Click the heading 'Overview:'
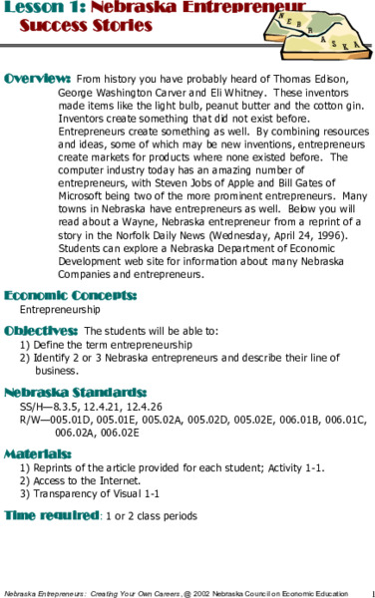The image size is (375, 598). click(37, 77)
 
